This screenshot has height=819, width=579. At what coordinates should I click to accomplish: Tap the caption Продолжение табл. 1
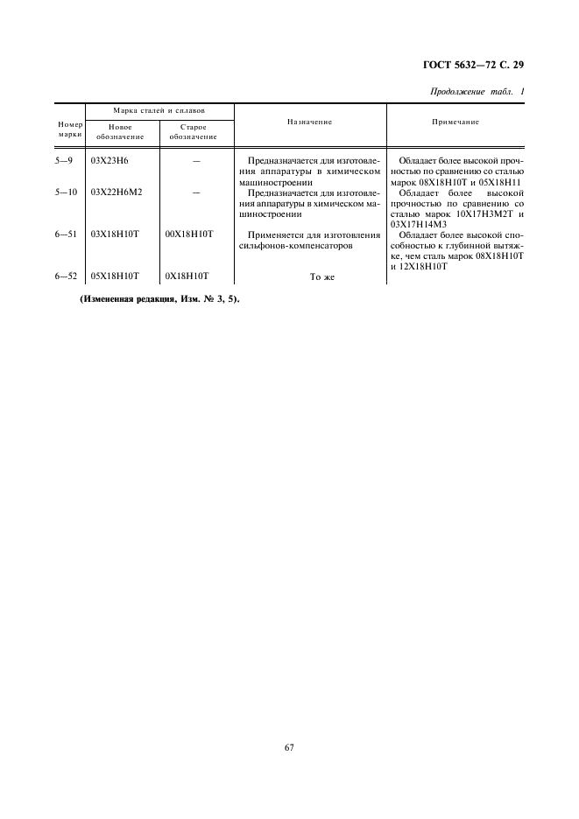(x=478, y=93)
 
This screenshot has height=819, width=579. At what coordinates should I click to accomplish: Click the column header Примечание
(x=455, y=122)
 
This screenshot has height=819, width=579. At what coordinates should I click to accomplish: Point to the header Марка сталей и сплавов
(x=159, y=112)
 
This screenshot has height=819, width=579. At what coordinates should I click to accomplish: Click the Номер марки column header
(x=69, y=129)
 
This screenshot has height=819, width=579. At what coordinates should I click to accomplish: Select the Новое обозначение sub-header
(x=120, y=131)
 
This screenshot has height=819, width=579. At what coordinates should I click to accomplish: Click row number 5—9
(x=67, y=162)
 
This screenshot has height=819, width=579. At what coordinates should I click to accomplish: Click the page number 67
(x=289, y=746)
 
